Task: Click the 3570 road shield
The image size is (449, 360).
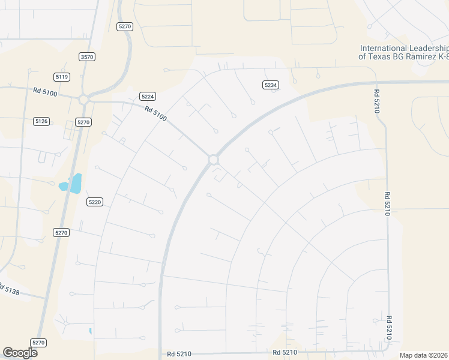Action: coord(87,56)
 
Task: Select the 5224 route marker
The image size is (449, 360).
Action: coord(148,96)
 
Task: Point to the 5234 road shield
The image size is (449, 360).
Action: coord(271,85)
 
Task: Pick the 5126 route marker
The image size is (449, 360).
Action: coord(41,121)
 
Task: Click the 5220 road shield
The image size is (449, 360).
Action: coord(95,202)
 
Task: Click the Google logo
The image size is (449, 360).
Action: coord(20,352)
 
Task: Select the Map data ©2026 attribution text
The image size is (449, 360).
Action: coord(424,355)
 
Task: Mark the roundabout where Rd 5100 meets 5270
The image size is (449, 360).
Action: coord(83,100)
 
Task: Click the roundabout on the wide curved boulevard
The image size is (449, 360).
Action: coord(213,159)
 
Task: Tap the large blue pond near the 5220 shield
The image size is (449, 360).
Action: coord(75,183)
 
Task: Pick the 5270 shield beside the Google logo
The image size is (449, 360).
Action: coord(38,343)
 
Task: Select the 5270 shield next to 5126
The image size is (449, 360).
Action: coord(83,122)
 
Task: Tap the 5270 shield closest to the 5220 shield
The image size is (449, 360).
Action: coord(61,232)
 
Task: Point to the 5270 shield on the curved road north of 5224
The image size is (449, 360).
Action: coord(125,26)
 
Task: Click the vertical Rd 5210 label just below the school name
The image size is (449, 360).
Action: coord(377,100)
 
